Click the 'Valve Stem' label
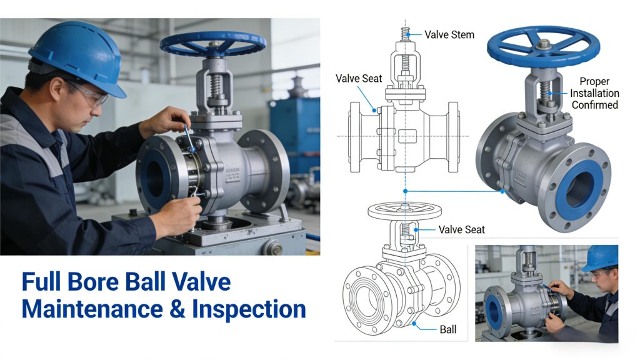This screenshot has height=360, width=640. point(449,35)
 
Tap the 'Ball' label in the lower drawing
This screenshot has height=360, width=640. point(447,329)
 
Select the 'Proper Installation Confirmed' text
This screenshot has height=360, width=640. point(594,93)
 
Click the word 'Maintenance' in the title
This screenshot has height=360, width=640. point(92,309)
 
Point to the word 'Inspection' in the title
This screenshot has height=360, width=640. point(249,309)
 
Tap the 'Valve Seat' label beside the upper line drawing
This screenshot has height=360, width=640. point(359,78)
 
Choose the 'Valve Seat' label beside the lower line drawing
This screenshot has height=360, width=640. point(462,230)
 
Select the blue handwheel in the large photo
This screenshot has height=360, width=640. point(212,44)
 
